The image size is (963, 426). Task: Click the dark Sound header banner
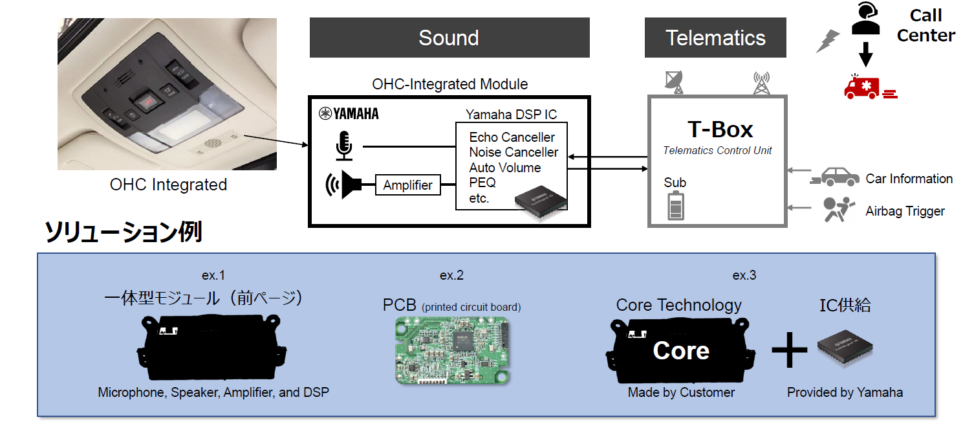[x=449, y=38]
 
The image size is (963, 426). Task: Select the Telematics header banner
[x=715, y=38]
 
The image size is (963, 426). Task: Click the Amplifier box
[x=407, y=185]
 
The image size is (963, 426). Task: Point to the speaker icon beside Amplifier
[x=343, y=185]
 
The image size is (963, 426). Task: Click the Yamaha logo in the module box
[x=349, y=115]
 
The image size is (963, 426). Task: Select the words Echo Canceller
[x=512, y=137]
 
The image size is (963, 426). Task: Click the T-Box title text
[x=720, y=129]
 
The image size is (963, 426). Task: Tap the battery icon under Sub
[x=675, y=206]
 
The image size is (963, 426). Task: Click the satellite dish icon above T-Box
[x=674, y=81]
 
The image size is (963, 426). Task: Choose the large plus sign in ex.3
[x=789, y=350]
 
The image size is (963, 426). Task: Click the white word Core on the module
[x=681, y=350]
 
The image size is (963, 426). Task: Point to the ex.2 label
[x=451, y=275]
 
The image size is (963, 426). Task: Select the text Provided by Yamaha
[x=845, y=392]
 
